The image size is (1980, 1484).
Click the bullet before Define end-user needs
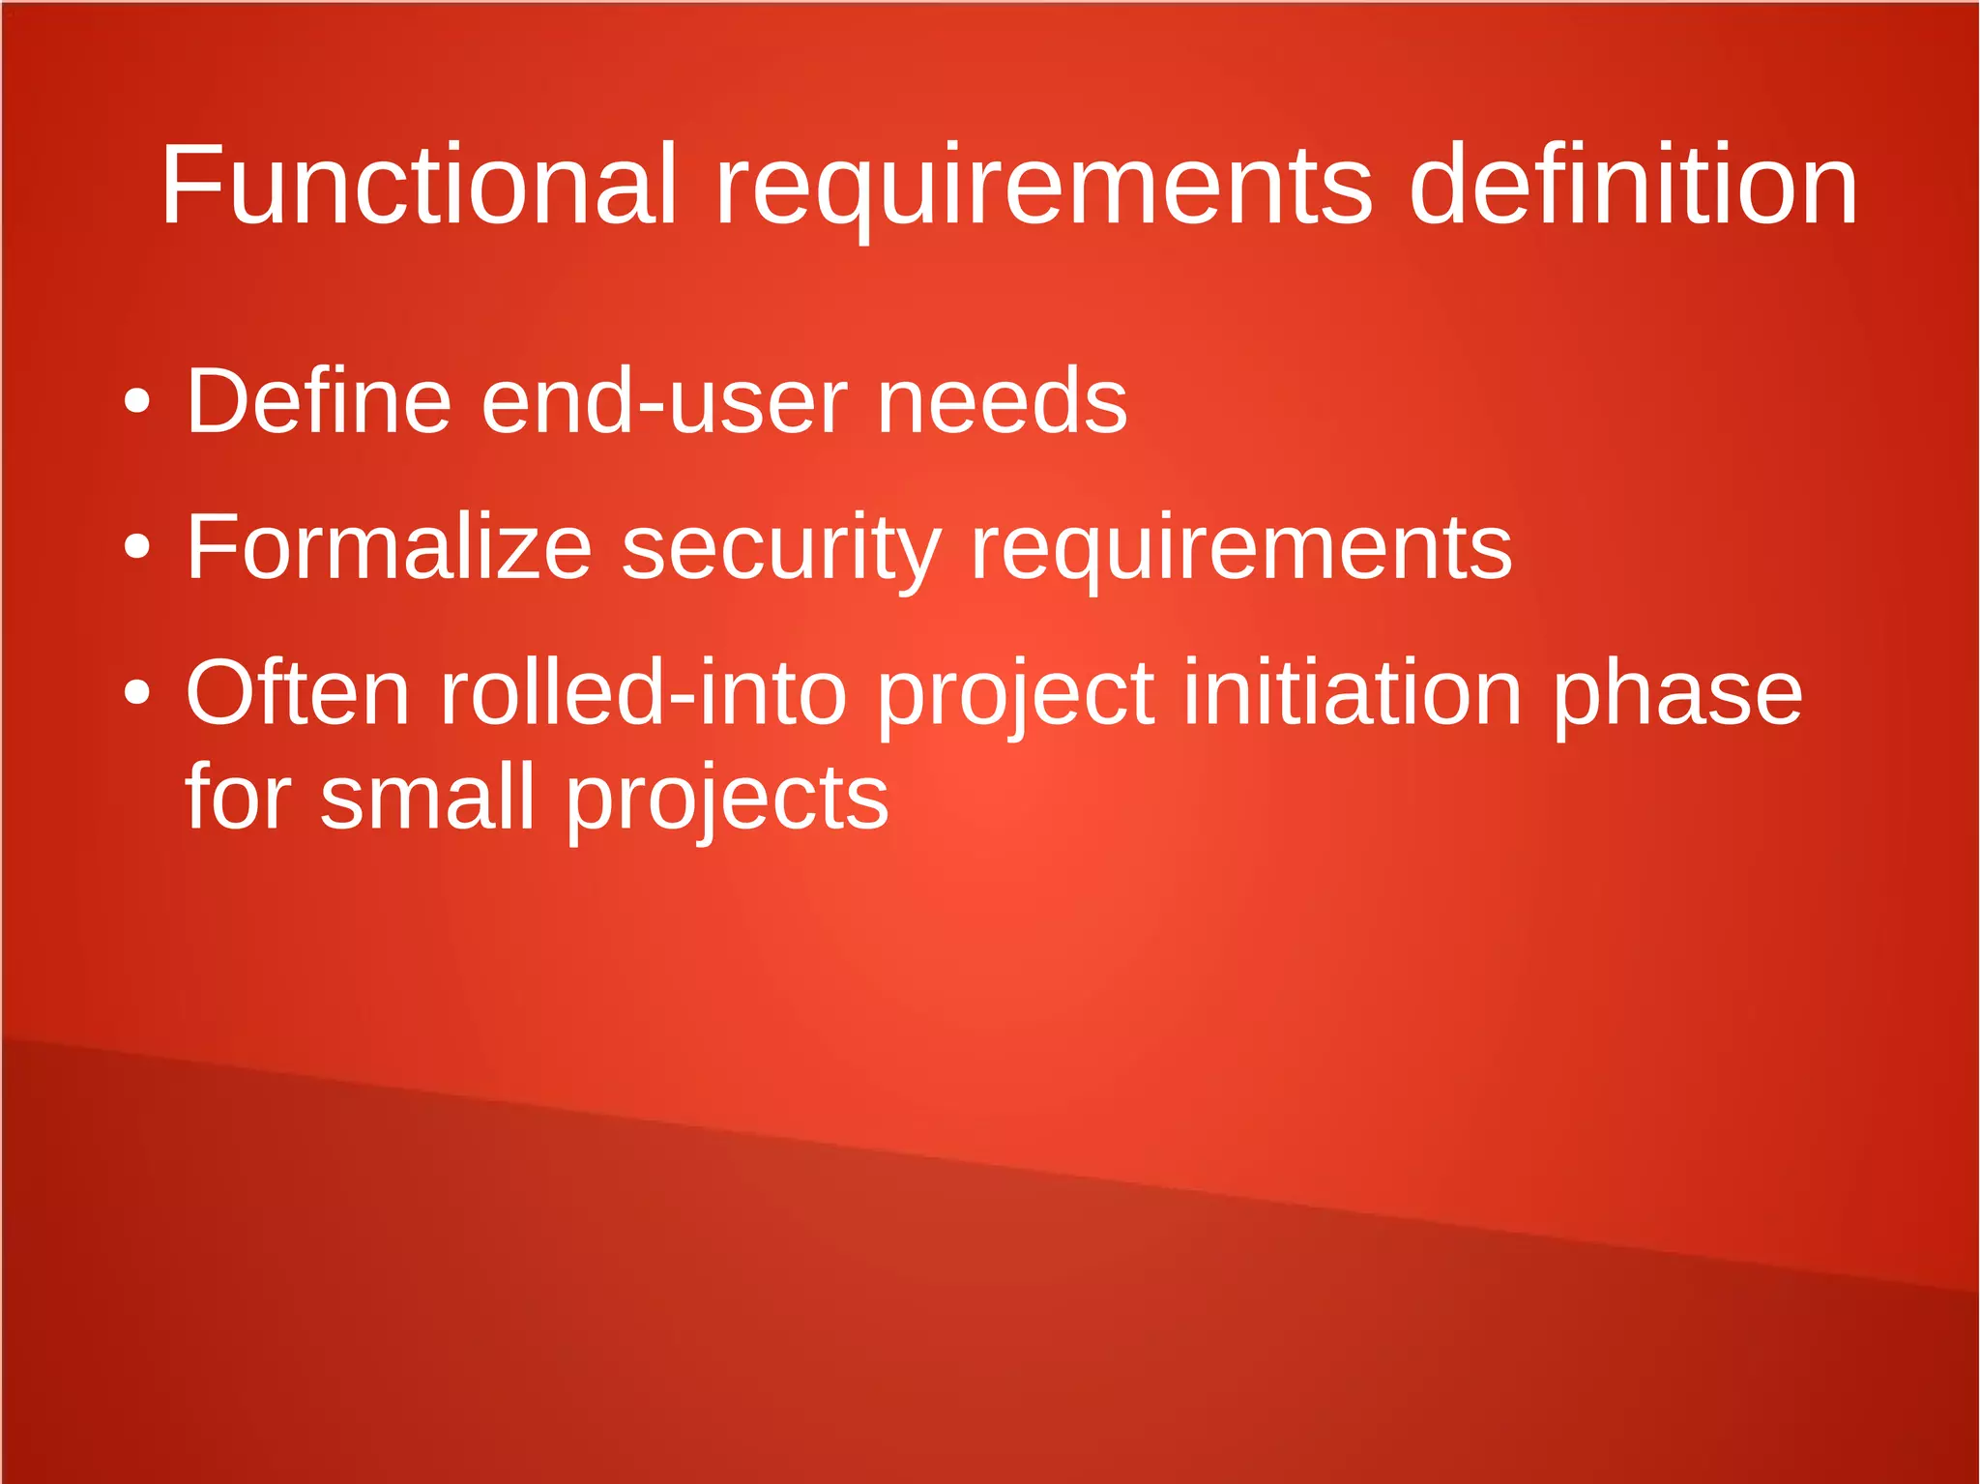point(137,401)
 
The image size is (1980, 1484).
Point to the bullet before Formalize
point(137,547)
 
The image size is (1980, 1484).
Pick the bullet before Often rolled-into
point(137,692)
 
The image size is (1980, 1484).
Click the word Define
point(318,401)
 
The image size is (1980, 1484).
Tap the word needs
point(1002,401)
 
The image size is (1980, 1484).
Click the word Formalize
point(388,547)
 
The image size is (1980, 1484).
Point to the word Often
point(298,692)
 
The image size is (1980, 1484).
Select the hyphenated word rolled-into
point(643,692)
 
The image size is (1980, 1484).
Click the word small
point(426,797)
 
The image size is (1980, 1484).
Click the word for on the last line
point(237,797)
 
